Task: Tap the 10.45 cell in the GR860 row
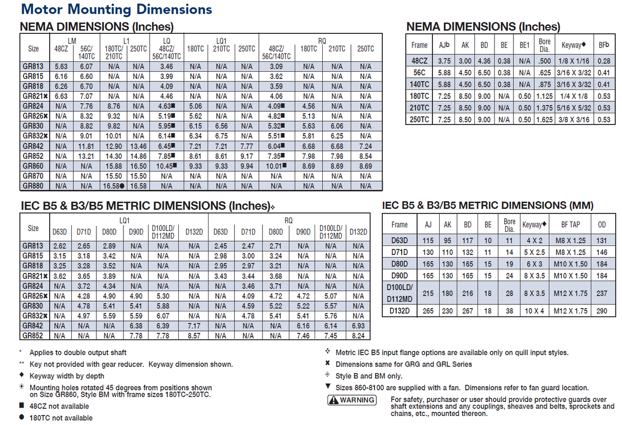click(167, 166)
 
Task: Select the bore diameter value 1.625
click(544, 120)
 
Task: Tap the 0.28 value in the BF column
click(604, 61)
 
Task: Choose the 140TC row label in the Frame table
click(419, 84)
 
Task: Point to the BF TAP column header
click(571, 224)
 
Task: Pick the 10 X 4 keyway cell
click(534, 311)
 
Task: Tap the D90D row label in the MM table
click(399, 275)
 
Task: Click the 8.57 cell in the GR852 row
click(194, 336)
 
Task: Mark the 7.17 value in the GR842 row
click(194, 326)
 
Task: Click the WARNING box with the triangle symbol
click(351, 400)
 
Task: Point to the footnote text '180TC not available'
click(61, 418)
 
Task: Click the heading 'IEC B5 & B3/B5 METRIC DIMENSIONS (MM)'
click(488, 206)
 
